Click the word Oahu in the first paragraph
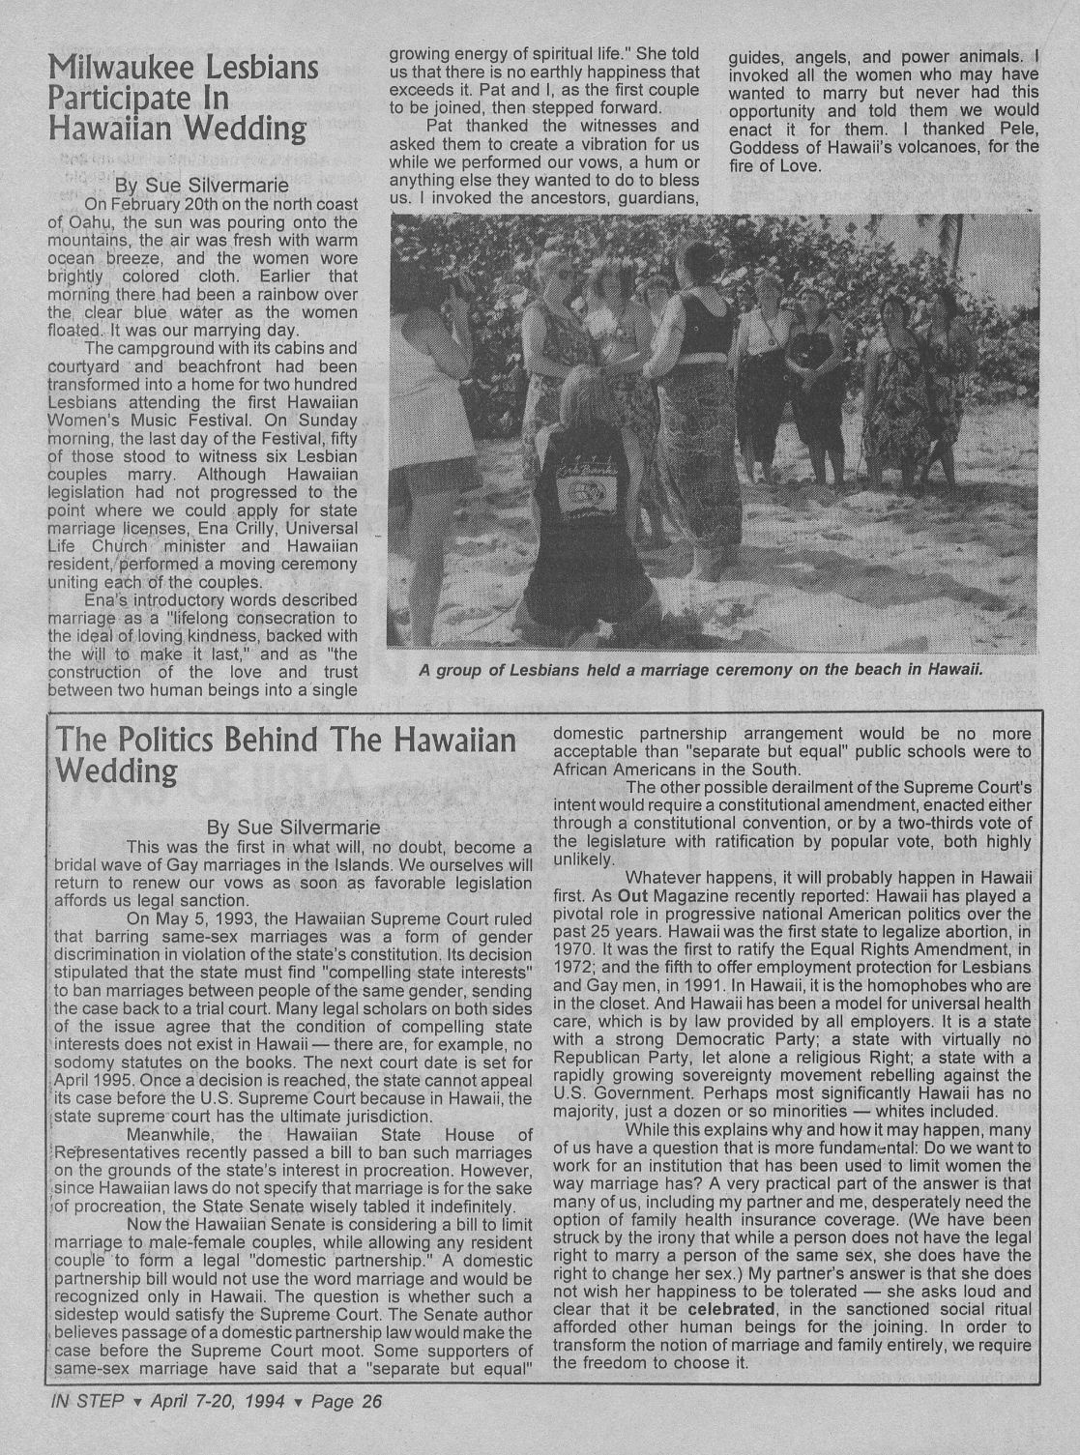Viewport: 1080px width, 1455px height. [93, 222]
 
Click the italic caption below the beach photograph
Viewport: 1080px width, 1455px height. [700, 670]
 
